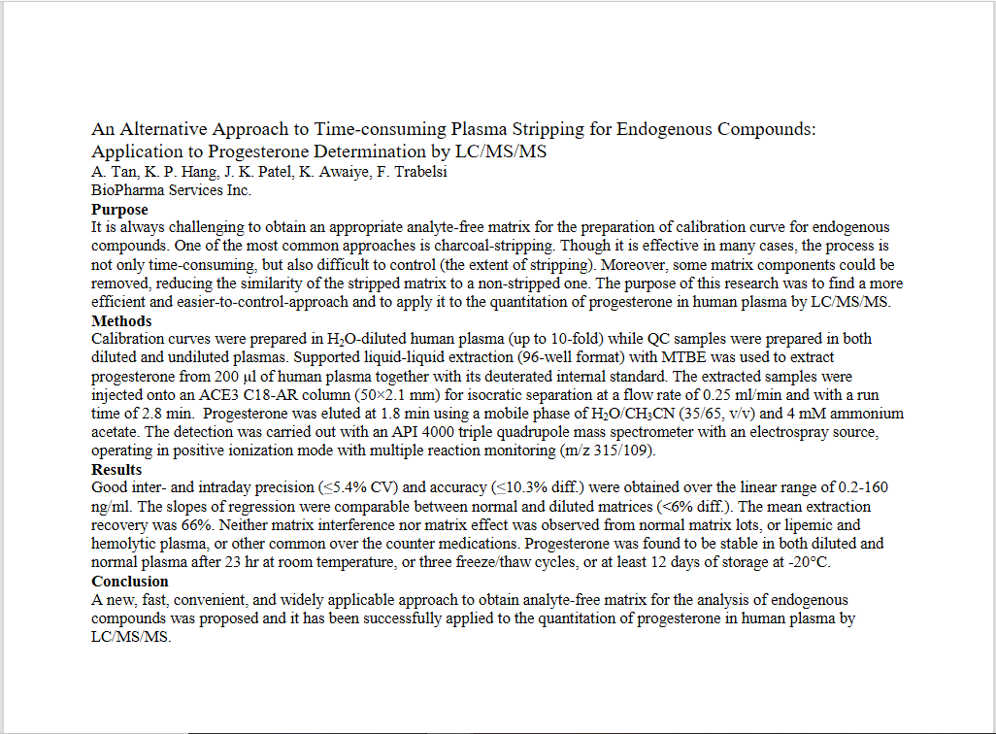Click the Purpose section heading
coord(119,209)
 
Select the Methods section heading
coord(121,321)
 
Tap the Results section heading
coord(116,470)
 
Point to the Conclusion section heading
coord(130,582)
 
